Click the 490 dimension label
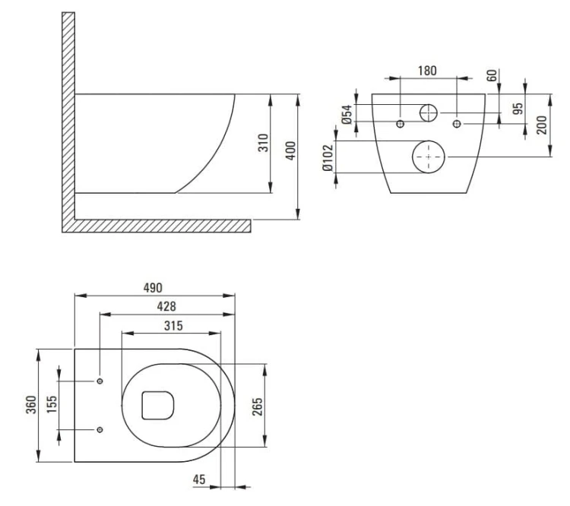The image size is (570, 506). coord(153,288)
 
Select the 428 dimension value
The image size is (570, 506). coord(166,306)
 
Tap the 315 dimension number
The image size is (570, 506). coord(173,326)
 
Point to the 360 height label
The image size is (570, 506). coord(31,405)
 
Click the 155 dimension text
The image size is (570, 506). coord(52,404)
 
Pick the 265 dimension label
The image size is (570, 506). coord(257,406)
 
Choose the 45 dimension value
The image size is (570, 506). coord(199,479)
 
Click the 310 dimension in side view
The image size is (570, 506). coord(263,143)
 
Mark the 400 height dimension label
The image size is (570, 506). coord(290,150)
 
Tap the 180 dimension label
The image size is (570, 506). coord(427,71)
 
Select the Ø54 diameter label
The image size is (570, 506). coord(347,114)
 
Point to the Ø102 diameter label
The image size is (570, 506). coord(328,158)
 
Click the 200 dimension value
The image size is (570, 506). coord(541,125)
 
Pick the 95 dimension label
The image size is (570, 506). coord(518,109)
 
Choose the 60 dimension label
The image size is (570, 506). coord(491,76)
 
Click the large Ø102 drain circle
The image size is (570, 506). coord(428,157)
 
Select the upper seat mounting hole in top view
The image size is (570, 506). coord(100,381)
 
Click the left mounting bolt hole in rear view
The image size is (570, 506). coord(401,124)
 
